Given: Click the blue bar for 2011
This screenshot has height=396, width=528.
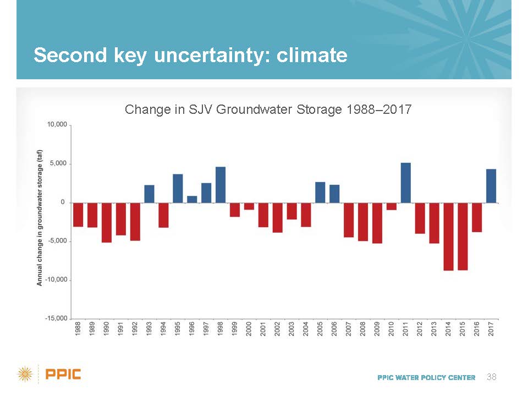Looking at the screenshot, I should (x=406, y=183).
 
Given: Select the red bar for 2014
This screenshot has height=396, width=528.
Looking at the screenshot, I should (x=449, y=237).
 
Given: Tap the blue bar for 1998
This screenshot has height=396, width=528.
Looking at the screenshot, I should (x=221, y=185).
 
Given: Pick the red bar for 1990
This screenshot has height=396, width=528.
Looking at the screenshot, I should (x=107, y=223).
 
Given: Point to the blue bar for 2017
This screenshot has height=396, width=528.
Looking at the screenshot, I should (x=491, y=186).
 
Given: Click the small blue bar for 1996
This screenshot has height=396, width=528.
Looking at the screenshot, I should (x=192, y=199).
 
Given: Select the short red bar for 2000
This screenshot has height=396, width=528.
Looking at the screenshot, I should (x=249, y=206).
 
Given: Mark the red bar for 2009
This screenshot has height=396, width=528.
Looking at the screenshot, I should (x=377, y=223).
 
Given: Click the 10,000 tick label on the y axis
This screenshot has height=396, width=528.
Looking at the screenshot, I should (x=57, y=125).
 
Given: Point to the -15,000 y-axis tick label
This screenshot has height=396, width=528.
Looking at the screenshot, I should (x=56, y=318).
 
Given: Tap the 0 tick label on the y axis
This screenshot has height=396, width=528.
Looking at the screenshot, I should (x=63, y=202).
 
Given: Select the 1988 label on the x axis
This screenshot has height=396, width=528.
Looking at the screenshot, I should (x=78, y=329).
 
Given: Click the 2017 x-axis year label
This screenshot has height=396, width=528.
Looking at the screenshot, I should (x=492, y=329).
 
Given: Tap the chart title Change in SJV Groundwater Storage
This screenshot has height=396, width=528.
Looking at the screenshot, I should (x=268, y=109).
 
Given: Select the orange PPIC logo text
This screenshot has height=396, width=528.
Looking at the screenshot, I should (x=63, y=375).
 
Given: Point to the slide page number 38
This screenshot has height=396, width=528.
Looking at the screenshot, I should (x=492, y=377).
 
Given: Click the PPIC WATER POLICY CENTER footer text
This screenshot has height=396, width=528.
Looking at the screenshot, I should (x=426, y=377).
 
